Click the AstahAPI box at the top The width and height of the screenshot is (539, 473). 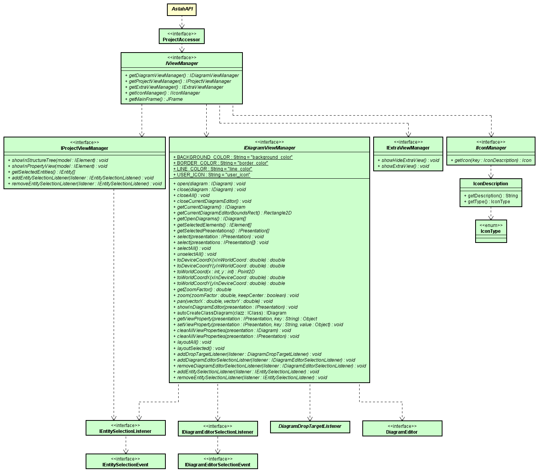(x=182, y=9)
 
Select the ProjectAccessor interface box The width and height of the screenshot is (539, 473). (x=181, y=37)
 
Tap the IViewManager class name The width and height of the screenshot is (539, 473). (x=182, y=63)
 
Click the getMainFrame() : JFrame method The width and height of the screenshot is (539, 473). (x=155, y=99)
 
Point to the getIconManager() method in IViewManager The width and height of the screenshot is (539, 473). (x=164, y=93)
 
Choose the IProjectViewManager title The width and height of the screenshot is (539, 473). (x=84, y=148)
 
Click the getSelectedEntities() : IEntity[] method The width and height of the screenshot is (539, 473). (x=43, y=172)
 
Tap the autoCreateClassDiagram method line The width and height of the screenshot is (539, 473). (x=232, y=313)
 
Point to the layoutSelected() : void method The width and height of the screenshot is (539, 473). (x=200, y=348)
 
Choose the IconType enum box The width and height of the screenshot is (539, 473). (x=491, y=231)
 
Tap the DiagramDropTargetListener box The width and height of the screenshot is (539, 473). (x=310, y=427)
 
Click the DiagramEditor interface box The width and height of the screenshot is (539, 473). (x=402, y=429)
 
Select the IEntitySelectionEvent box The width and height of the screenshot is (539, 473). (x=125, y=462)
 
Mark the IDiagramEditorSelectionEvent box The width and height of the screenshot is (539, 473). (x=218, y=462)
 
